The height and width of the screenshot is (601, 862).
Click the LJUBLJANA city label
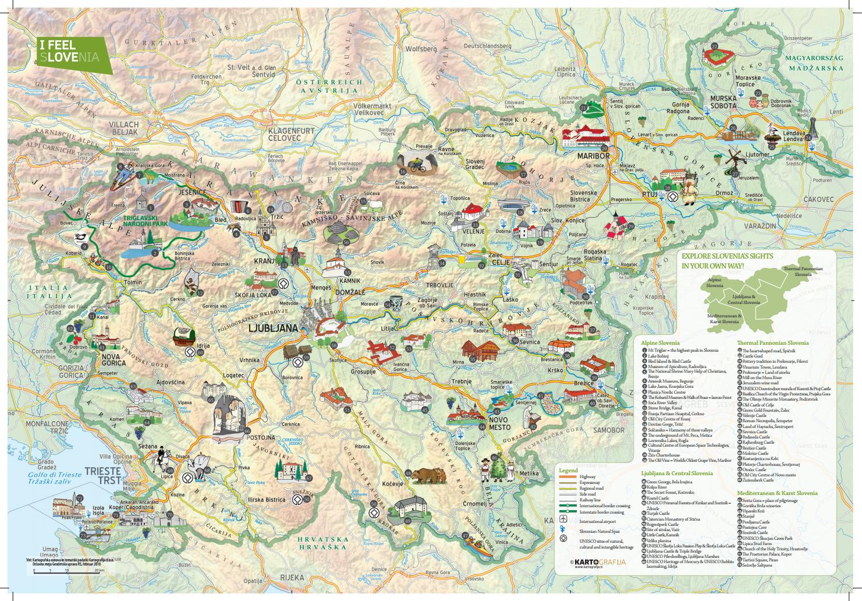click(x=272, y=328)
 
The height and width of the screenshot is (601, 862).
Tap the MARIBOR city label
click(x=593, y=157)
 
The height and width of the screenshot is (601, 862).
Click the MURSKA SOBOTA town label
click(x=723, y=102)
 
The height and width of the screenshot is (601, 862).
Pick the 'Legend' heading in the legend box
click(x=567, y=469)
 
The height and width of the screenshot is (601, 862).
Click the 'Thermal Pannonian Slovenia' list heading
click(x=772, y=343)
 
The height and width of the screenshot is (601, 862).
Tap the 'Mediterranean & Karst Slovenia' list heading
click(x=778, y=493)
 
